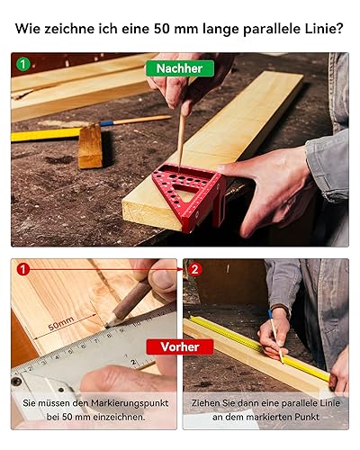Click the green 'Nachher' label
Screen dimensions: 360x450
pyautogui.click(x=180, y=68)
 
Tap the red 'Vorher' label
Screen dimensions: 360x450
pyautogui.click(x=180, y=346)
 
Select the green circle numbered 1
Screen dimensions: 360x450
pyautogui.click(x=23, y=64)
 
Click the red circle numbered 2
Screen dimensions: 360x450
pyautogui.click(x=194, y=269)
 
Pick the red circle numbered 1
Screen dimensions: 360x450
pyautogui.click(x=23, y=269)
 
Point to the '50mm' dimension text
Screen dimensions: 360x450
pyautogui.click(x=61, y=323)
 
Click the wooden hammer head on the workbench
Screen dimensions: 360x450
pyautogui.click(x=90, y=146)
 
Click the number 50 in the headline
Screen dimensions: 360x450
pyautogui.click(x=162, y=29)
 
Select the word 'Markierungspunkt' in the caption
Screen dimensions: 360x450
pyautogui.click(x=130, y=403)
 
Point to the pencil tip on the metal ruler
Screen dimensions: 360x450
pyautogui.click(x=107, y=325)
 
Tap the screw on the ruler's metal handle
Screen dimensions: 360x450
pyautogui.click(x=16, y=382)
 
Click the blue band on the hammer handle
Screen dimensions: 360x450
pyautogui.click(x=107, y=123)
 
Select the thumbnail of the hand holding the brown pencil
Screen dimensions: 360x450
pyautogui.click(x=94, y=344)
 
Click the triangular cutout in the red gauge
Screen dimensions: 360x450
pyautogui.click(x=183, y=190)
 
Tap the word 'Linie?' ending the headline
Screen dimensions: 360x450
pyautogui.click(x=326, y=29)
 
